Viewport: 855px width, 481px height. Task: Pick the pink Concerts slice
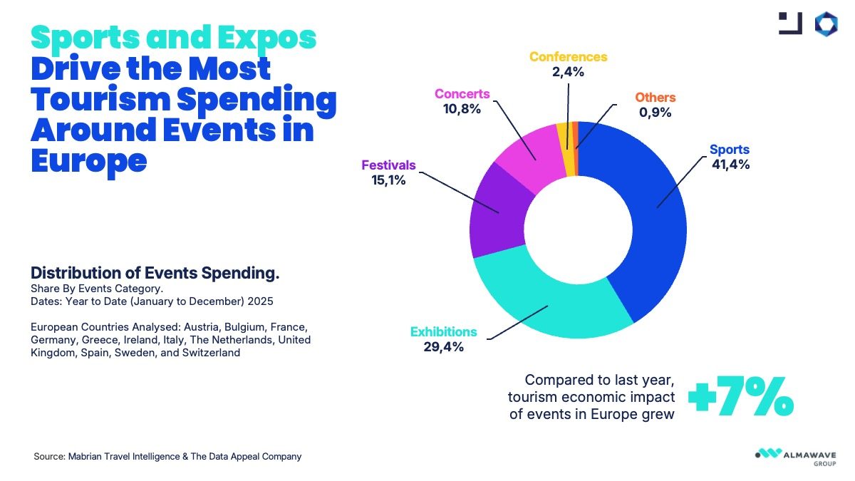[x=527, y=146]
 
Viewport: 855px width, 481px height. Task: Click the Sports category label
[x=729, y=150]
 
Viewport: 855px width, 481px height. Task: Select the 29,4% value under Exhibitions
[x=443, y=347]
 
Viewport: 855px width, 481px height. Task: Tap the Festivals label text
[x=388, y=165]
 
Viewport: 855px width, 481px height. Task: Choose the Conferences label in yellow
[x=568, y=57]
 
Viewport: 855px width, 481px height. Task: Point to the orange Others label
[x=655, y=97]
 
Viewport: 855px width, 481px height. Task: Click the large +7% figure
[x=741, y=399]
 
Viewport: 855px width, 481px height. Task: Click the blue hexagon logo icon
[x=828, y=24]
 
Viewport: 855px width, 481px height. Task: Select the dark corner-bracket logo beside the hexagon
[x=791, y=24]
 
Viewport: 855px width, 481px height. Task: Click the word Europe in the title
[x=88, y=160]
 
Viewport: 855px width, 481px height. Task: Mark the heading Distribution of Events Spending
[x=155, y=273]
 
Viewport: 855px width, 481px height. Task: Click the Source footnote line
[x=167, y=456]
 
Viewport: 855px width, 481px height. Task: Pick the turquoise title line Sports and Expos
[x=174, y=37]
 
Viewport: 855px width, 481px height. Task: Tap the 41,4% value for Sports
[x=730, y=165]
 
